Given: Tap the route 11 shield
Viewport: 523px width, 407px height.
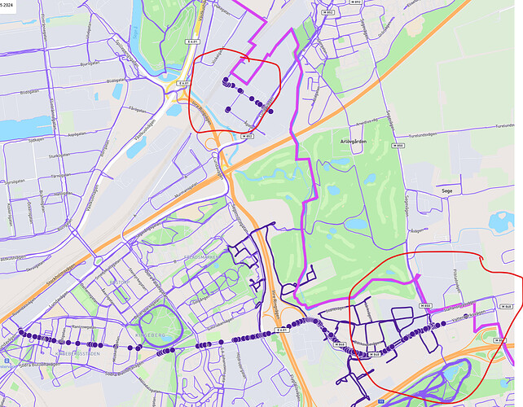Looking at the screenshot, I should click(x=381, y=401).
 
